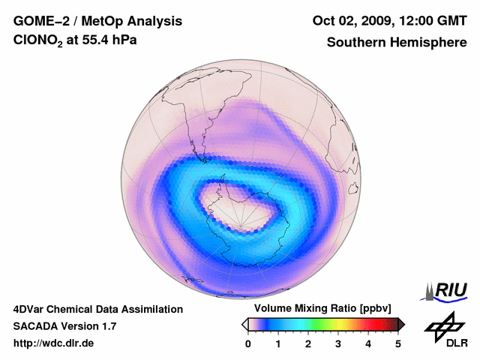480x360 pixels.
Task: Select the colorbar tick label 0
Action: tap(248, 343)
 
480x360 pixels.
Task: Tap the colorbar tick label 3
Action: tap(338, 343)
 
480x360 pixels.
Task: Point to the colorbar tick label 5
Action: tap(398, 343)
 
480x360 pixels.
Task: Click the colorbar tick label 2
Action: tap(308, 343)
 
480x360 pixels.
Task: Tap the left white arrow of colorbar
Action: tap(244, 324)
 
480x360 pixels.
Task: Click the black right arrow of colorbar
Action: tap(401, 324)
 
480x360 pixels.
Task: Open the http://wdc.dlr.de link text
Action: tap(54, 343)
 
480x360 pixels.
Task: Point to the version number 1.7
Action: tap(108, 326)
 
